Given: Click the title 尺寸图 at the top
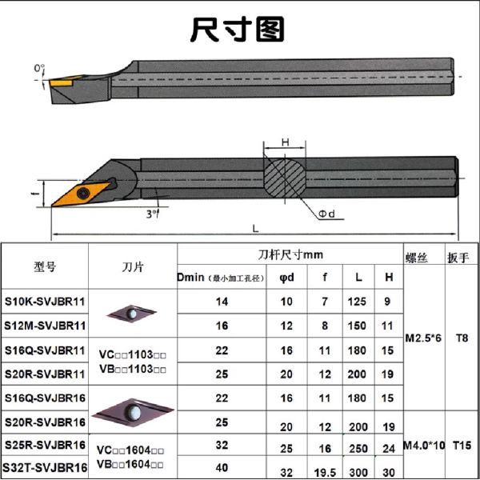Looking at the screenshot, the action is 238,29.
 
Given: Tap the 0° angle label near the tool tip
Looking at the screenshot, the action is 39,68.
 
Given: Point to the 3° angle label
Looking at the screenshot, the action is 152,214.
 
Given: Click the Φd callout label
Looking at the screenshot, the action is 327,214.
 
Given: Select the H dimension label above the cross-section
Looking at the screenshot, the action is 285,142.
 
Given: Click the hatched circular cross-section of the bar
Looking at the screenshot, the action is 285,178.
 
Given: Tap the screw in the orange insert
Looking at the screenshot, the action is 83,193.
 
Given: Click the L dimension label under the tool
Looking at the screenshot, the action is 255,228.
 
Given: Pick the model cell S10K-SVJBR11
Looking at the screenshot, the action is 45,302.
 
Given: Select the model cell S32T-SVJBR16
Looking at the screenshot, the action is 45,468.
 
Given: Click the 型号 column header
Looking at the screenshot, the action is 45,267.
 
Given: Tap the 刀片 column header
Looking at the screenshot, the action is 133,267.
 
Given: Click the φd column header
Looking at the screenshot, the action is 286,278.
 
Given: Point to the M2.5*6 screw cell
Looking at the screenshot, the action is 423,338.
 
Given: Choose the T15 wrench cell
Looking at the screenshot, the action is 462,446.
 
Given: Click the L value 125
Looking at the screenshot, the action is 357,302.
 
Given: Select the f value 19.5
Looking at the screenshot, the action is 325,473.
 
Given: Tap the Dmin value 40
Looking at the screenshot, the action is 222,468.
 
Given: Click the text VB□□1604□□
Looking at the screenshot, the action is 130,464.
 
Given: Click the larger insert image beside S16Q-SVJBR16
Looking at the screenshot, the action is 133,412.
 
